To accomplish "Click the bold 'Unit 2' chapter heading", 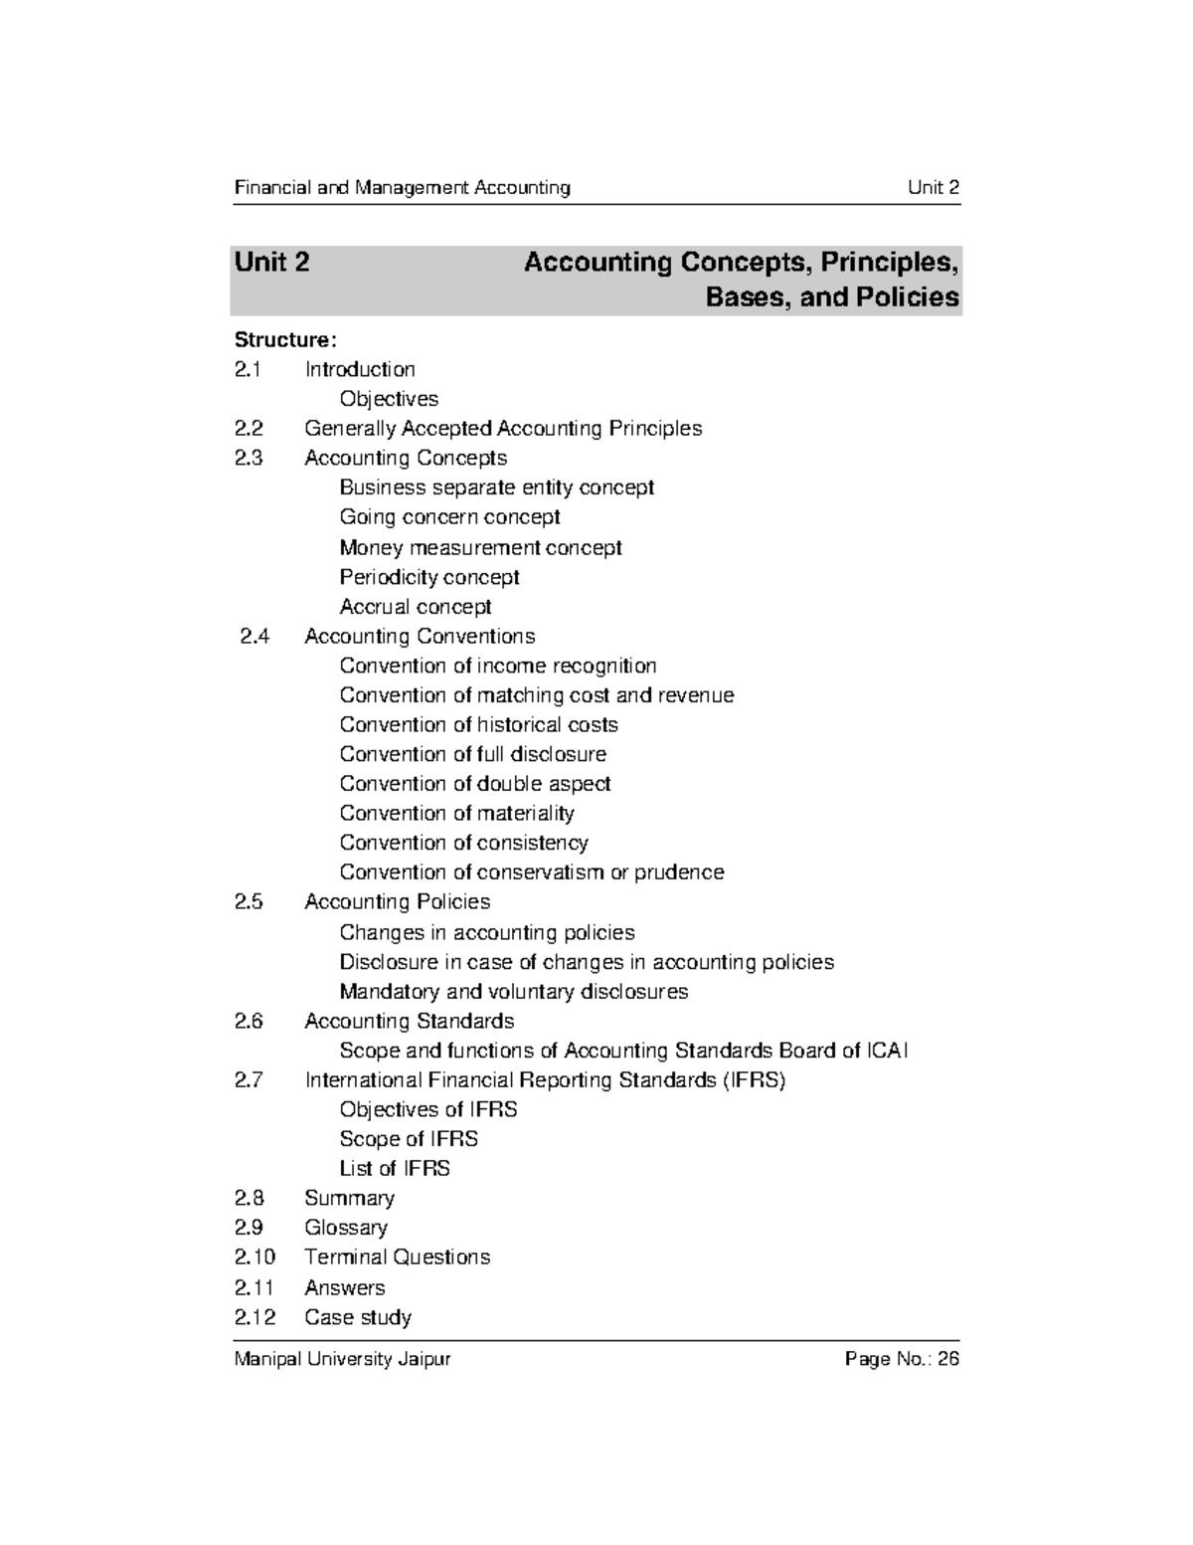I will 271,263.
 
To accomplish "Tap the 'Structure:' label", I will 278,340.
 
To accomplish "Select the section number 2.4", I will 255,636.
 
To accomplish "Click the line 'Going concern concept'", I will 449,517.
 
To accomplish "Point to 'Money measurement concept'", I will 480,547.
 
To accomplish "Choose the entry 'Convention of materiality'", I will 456,813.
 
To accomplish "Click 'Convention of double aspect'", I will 474,784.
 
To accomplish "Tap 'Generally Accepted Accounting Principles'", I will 503,429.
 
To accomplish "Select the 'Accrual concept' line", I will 416,607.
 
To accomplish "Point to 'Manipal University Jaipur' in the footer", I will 342,1359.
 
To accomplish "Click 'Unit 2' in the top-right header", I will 933,188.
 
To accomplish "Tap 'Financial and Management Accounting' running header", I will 402,188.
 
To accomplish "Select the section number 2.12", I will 256,1317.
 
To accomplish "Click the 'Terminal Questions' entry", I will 397,1257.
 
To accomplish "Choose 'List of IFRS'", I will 395,1169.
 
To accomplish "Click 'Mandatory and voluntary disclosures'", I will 513,992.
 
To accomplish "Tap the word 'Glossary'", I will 346,1228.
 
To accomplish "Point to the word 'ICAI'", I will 887,1051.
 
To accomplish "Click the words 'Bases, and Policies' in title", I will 832,297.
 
